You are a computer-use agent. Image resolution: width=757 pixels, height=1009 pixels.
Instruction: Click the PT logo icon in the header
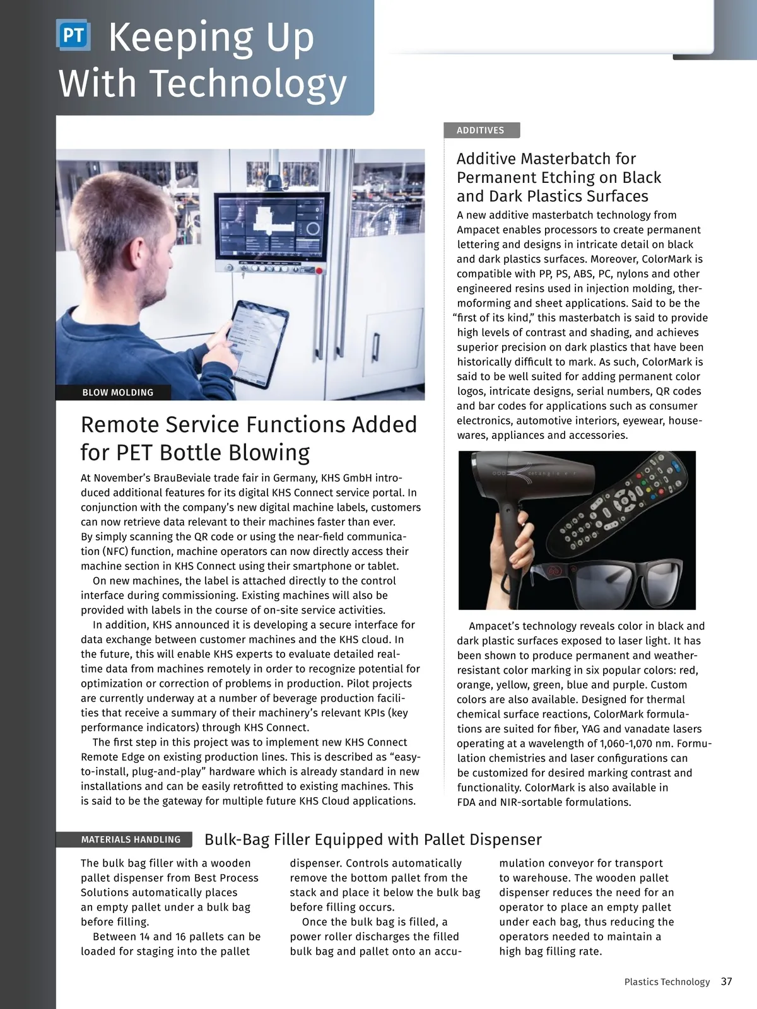73,36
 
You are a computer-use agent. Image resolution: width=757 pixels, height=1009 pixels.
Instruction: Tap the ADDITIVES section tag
481,131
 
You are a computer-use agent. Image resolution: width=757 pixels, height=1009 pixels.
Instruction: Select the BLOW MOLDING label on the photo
118,392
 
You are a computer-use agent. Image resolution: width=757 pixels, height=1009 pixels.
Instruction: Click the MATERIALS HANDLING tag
131,839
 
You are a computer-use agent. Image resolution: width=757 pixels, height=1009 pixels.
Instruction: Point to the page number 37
727,982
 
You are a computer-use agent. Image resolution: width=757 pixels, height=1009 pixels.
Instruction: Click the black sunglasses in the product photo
606,581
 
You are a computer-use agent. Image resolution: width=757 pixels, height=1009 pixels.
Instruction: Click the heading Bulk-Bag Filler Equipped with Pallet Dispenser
373,839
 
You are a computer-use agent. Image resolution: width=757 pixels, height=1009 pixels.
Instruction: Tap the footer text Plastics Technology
667,982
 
